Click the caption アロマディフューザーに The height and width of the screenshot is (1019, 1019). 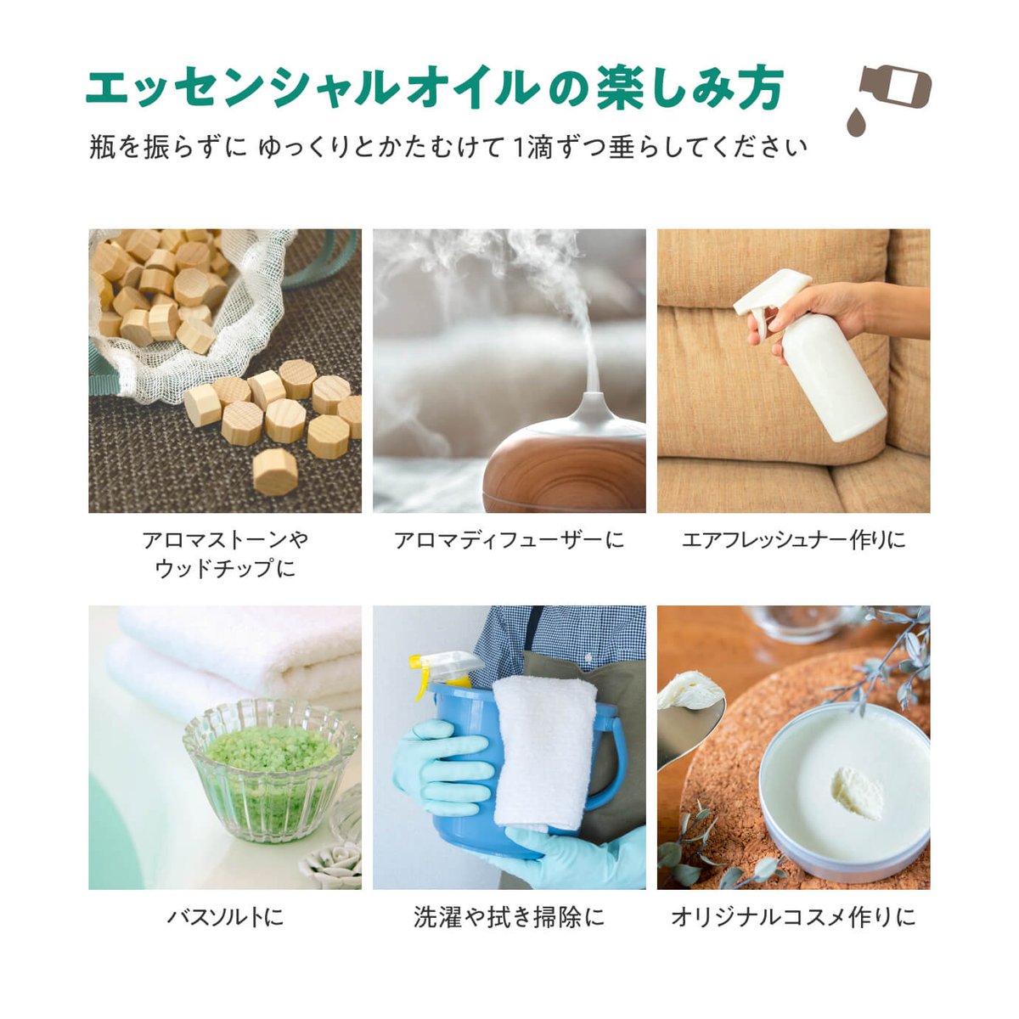(x=509, y=540)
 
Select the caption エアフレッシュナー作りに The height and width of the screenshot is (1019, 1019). (x=793, y=540)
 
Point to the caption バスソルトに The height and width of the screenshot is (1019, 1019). (x=225, y=917)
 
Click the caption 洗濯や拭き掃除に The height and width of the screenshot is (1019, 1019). (x=509, y=917)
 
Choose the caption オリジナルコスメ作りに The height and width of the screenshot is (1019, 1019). (x=793, y=917)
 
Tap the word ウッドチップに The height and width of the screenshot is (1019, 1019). (x=225, y=568)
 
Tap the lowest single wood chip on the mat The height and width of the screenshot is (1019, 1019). (x=275, y=471)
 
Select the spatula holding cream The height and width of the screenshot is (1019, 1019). (x=688, y=718)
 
